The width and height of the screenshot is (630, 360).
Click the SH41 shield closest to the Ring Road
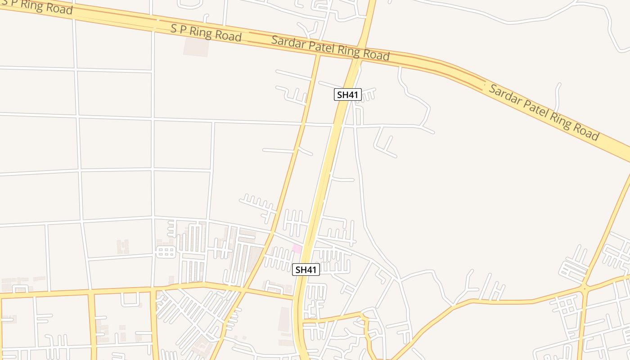(348, 94)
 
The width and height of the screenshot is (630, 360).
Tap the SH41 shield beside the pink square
(306, 270)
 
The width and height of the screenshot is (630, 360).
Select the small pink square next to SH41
(297, 249)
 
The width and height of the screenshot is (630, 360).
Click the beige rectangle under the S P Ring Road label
(196, 47)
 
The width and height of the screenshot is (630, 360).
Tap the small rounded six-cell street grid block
(166, 252)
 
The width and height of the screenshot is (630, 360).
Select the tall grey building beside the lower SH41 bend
(284, 319)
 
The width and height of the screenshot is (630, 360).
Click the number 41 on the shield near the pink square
(311, 270)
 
